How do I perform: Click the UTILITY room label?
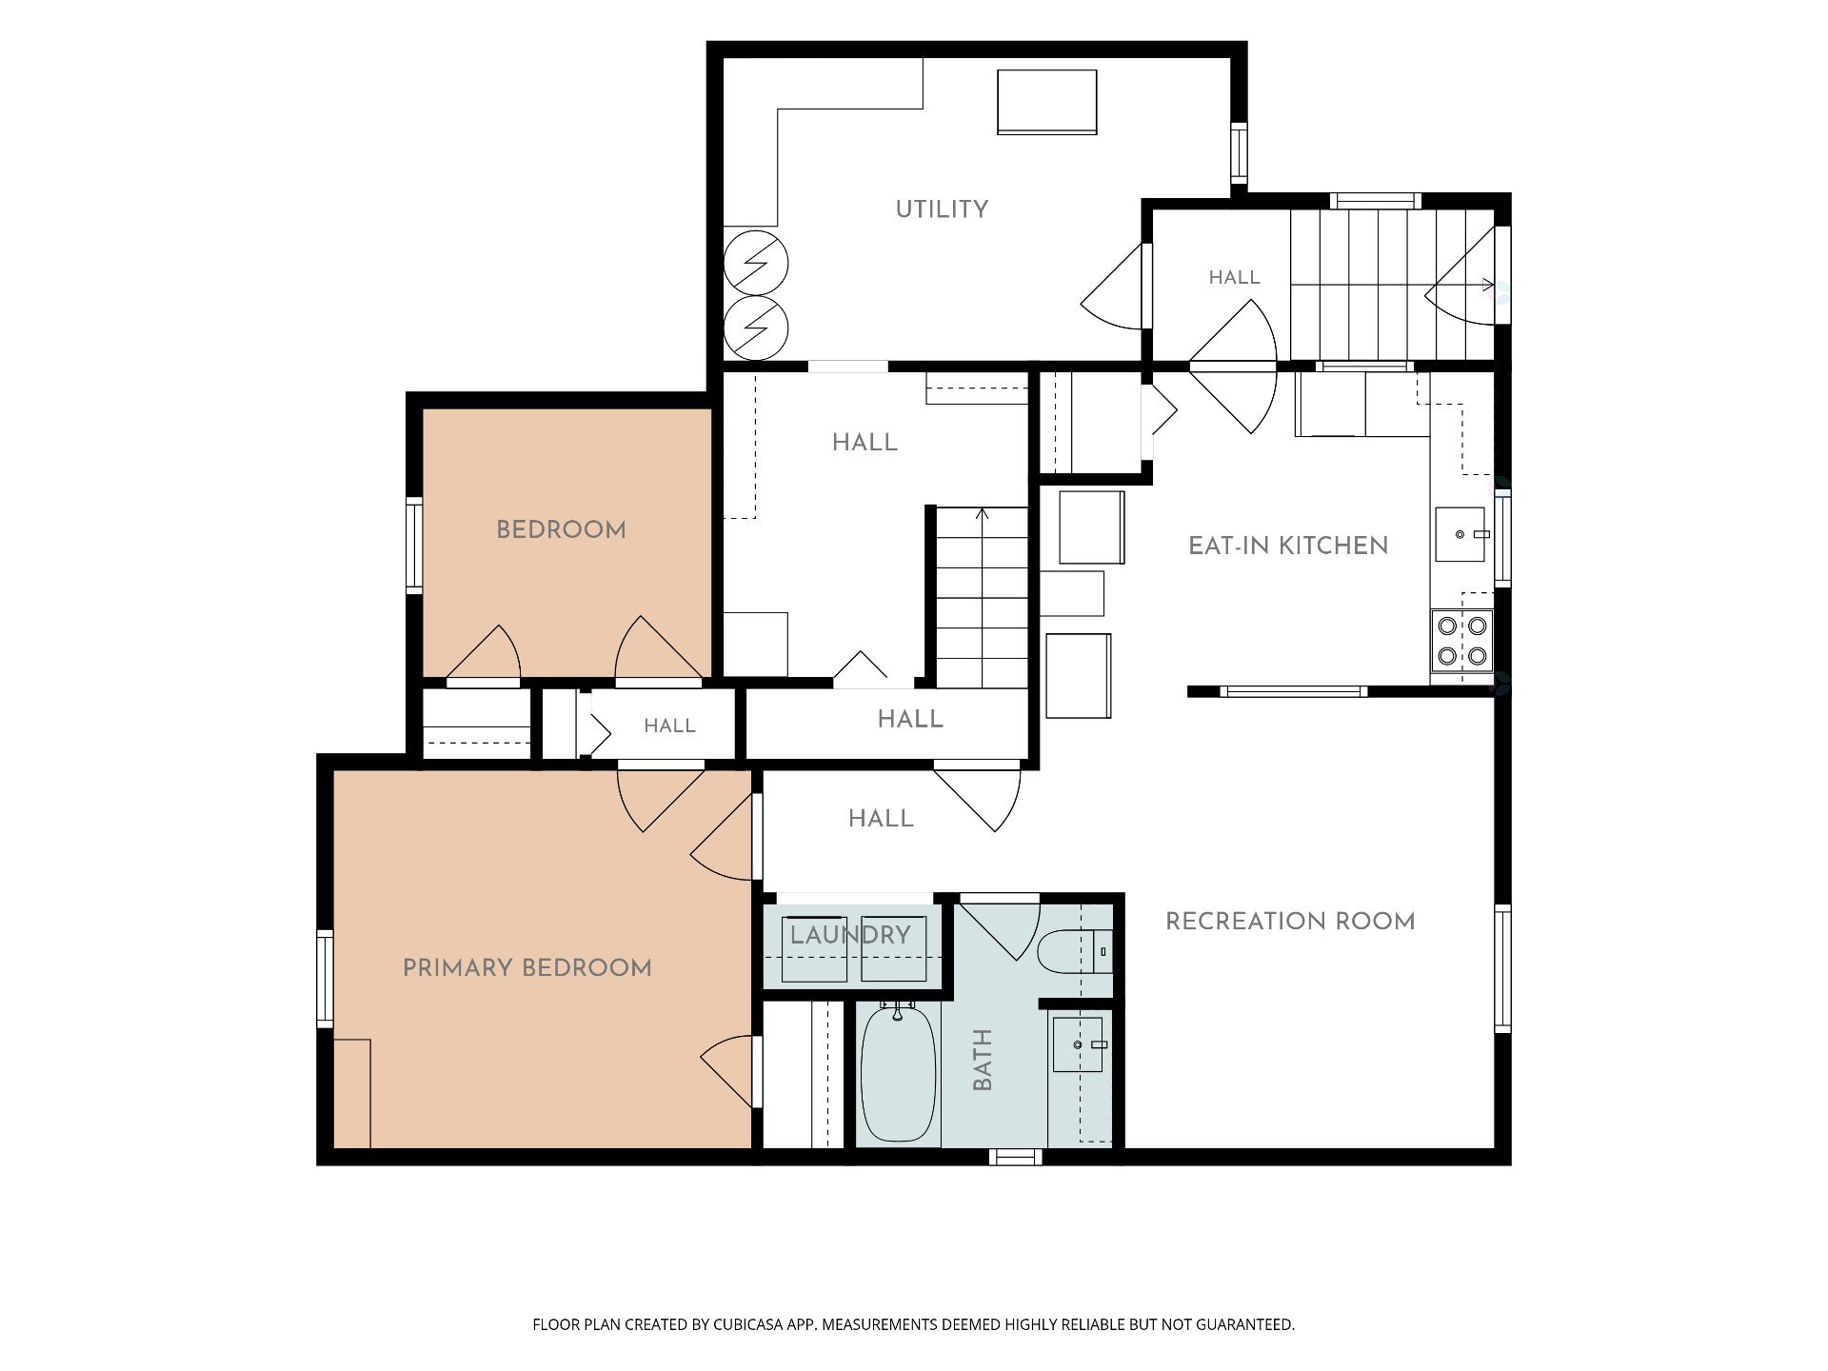(x=942, y=209)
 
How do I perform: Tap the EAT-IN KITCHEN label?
(x=1288, y=546)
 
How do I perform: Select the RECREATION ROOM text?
(x=1290, y=921)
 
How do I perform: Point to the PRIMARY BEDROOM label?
(x=527, y=968)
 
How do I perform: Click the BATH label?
(x=983, y=1060)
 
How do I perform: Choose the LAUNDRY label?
(x=850, y=935)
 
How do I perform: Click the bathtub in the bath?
(x=898, y=1073)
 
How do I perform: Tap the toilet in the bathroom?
(x=1074, y=951)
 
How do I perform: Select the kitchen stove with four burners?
(x=1461, y=641)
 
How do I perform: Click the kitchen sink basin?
(x=1460, y=534)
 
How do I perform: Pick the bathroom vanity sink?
(x=1078, y=1044)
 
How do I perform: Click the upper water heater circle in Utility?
(x=756, y=262)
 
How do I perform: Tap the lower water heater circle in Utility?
(x=756, y=328)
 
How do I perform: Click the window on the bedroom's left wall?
(x=414, y=545)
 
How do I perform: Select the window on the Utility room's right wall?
(x=1239, y=152)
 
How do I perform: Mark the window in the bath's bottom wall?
(x=1015, y=1157)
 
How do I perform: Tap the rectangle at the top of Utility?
(x=1047, y=102)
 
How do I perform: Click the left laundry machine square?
(x=814, y=948)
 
